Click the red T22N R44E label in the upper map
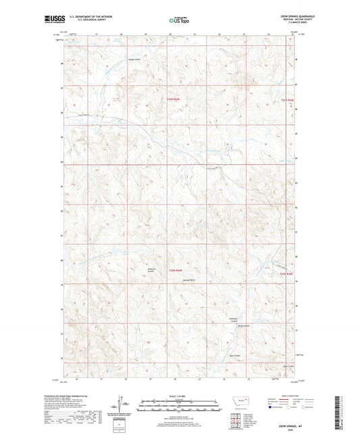[174, 99]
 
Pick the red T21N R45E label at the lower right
[287, 274]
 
